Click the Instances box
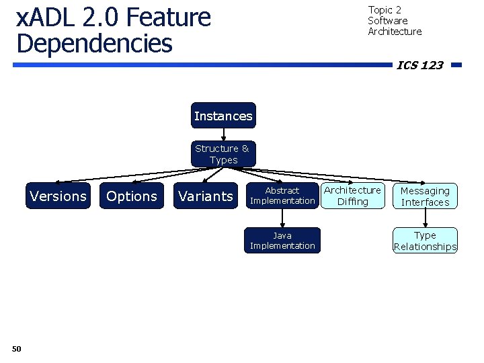point(223,116)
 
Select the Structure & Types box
point(222,154)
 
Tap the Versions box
point(58,196)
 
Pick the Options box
point(132,196)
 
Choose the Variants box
point(206,196)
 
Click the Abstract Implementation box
point(282,196)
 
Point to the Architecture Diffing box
point(352,196)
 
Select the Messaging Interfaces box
point(425,196)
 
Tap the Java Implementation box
point(282,240)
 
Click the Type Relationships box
point(425,241)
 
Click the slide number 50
point(17,348)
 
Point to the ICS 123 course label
point(420,65)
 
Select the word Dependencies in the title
point(94,43)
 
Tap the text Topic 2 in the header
point(385,10)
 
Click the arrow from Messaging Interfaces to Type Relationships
point(425,218)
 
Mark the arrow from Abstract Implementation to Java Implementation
point(282,218)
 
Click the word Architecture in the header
point(395,32)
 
